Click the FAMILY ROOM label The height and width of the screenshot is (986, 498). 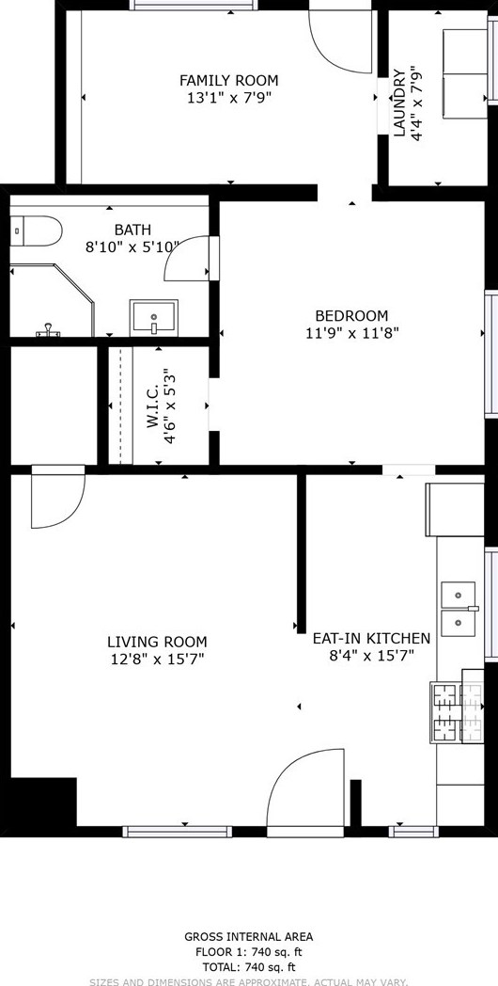(x=228, y=81)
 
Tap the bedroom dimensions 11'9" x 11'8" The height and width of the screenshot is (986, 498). (x=352, y=332)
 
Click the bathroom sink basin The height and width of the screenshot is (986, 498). (x=154, y=318)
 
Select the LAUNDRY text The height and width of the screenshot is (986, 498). (x=399, y=103)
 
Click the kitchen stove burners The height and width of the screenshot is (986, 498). (x=457, y=712)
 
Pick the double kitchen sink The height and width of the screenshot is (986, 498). (x=459, y=610)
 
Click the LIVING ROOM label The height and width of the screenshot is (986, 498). (x=157, y=642)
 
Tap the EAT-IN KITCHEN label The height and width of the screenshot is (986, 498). (x=372, y=638)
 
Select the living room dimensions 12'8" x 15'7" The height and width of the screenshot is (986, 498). (x=157, y=659)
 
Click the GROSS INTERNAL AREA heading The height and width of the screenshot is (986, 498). (x=249, y=937)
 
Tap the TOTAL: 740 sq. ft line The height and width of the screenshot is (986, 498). (x=249, y=967)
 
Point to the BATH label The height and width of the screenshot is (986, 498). (x=132, y=230)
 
